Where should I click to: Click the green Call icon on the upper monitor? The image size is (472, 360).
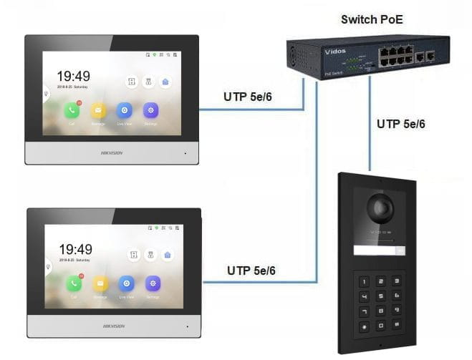(x=72, y=110)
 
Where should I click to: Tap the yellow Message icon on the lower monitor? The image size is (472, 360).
(x=100, y=283)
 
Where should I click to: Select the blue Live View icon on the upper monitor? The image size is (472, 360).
(x=125, y=110)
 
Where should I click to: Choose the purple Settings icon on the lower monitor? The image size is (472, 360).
(x=152, y=283)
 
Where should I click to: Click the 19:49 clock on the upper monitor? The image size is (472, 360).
(x=74, y=76)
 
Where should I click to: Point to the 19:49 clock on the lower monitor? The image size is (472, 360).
(x=75, y=249)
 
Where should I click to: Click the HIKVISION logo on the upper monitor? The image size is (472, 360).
(x=111, y=152)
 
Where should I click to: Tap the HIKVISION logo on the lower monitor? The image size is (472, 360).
(x=113, y=326)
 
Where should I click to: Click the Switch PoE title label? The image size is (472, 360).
(x=372, y=19)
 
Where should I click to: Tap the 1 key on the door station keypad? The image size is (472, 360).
(x=364, y=282)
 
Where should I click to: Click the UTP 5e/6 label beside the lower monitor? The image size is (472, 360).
(x=251, y=270)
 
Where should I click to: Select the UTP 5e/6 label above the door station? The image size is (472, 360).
(x=400, y=124)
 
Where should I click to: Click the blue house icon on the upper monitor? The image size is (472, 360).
(x=165, y=82)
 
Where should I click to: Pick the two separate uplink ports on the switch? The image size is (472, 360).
(x=425, y=55)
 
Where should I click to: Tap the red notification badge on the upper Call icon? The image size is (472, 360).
(x=79, y=104)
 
